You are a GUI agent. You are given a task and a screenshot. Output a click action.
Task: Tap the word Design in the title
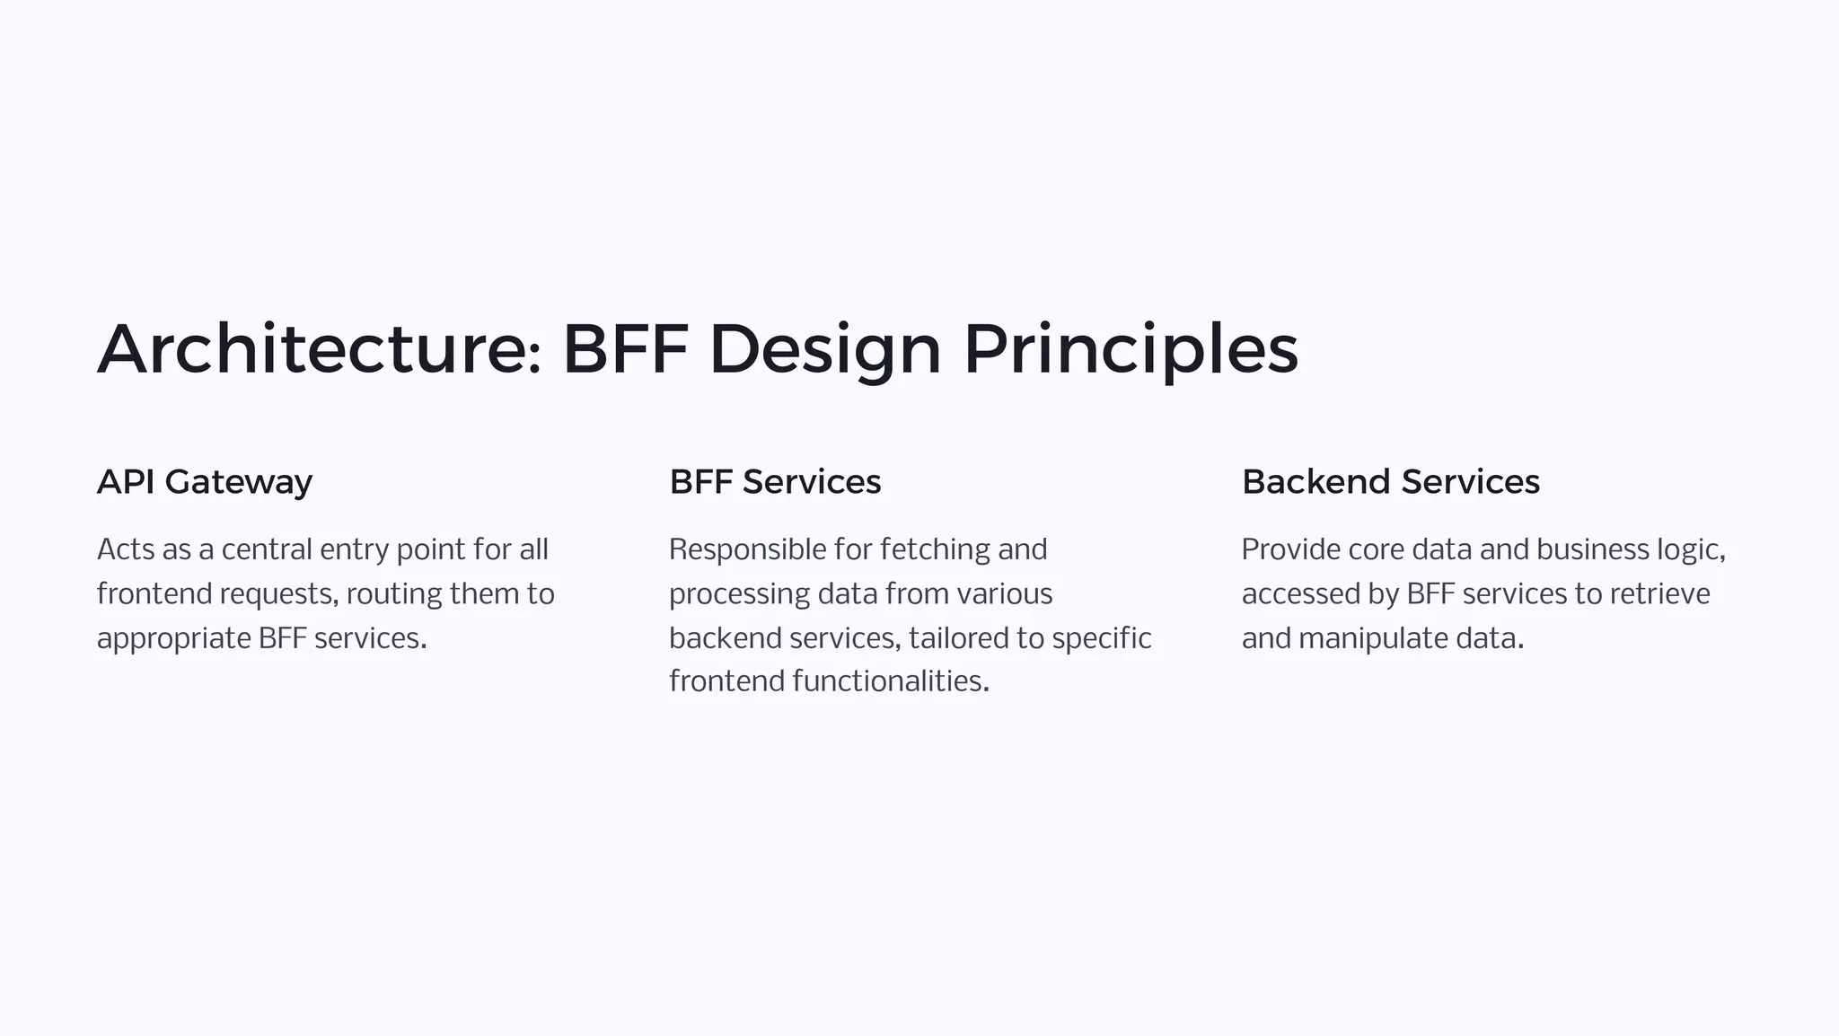[824, 349]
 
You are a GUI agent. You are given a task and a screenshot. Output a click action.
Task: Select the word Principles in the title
[1131, 349]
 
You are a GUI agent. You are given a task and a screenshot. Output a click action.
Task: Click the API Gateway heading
[205, 482]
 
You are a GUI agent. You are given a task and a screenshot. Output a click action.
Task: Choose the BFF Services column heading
[775, 482]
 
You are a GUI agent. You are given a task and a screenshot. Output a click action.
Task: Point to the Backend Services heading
[1390, 482]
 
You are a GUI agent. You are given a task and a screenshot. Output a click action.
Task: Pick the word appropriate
[173, 639]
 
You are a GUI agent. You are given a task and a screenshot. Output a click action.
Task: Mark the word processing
[739, 594]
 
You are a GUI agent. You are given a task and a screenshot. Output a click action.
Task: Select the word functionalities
[890, 681]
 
